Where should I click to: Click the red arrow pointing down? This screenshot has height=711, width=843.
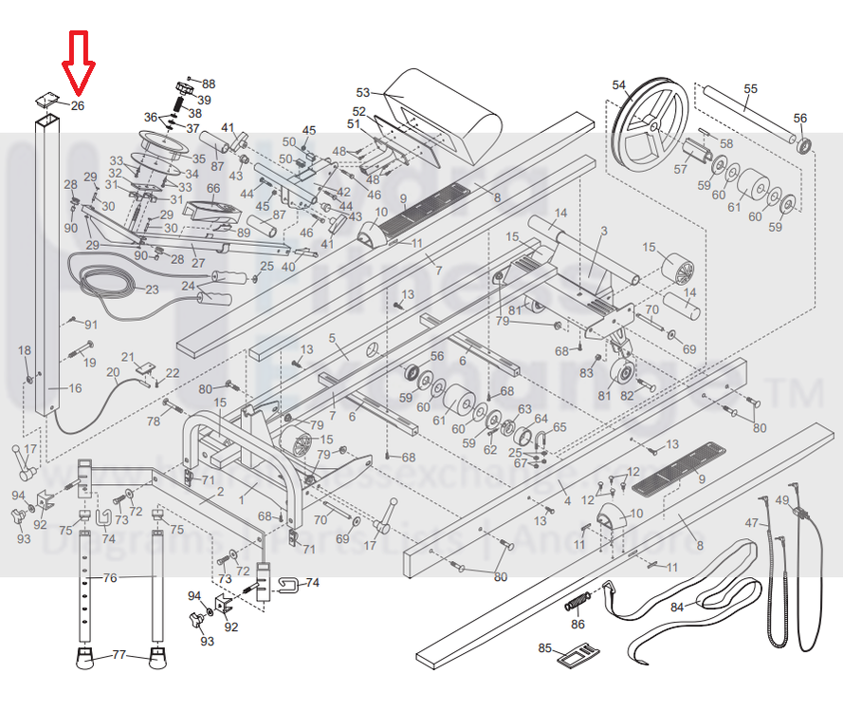(78, 60)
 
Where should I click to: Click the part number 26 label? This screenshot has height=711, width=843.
(78, 106)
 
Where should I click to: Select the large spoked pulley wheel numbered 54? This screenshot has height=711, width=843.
(650, 122)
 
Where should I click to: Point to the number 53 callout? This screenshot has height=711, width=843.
(363, 92)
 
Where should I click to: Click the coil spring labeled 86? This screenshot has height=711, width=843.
(579, 603)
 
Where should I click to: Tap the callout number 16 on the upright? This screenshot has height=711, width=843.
(75, 388)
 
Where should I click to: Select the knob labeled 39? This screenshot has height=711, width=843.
(185, 88)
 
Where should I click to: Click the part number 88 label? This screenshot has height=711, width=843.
(209, 84)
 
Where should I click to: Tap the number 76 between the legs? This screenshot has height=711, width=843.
(110, 577)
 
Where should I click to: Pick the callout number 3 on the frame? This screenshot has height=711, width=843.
(603, 231)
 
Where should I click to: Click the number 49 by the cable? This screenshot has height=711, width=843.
(782, 500)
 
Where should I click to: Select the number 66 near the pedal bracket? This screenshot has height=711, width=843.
(213, 188)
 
